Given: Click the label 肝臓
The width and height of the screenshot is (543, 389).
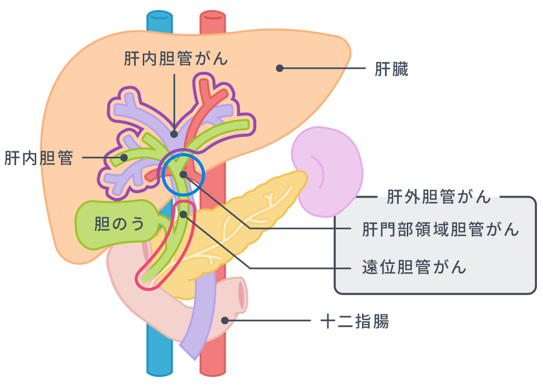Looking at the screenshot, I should [x=391, y=69].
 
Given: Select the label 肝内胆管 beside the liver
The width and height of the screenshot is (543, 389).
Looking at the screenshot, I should [x=39, y=158].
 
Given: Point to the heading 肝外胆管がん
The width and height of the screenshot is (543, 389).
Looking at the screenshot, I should [x=438, y=197].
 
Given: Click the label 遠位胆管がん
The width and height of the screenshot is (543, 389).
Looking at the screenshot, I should [x=414, y=267].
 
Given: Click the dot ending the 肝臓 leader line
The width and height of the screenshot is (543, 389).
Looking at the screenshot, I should [x=280, y=68].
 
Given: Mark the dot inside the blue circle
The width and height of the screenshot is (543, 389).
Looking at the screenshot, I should [x=183, y=174].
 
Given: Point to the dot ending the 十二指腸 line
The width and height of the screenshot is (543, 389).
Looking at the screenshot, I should [x=225, y=320].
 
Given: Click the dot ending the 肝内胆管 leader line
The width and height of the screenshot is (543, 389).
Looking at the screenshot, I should [x=123, y=158].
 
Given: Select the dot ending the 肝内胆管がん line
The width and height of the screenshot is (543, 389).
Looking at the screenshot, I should [x=174, y=134].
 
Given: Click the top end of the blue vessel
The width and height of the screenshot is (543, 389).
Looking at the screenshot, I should [x=159, y=17].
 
